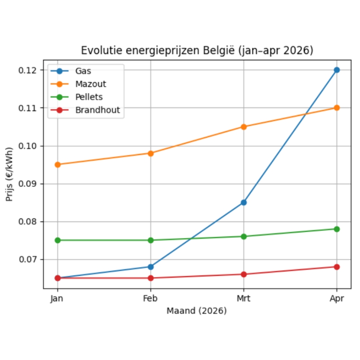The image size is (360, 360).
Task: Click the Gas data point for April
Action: [x=336, y=70]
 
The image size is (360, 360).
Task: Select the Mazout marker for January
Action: [x=58, y=165]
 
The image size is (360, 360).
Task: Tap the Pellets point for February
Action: [x=151, y=240]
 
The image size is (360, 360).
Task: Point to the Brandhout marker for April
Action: [x=336, y=267]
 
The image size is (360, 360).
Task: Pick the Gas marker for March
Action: [x=244, y=202]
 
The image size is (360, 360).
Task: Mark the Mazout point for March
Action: [x=244, y=127]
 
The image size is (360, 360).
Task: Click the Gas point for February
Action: [x=151, y=267]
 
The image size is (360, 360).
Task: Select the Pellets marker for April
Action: [x=336, y=229]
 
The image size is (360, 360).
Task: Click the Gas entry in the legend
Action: [x=83, y=71]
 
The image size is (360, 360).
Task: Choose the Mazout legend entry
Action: [x=90, y=84]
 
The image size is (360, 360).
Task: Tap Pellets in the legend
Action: [x=89, y=97]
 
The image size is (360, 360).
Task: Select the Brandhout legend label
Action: [x=98, y=110]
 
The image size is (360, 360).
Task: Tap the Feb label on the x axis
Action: [x=151, y=299]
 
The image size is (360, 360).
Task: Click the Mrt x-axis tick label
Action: [x=244, y=299]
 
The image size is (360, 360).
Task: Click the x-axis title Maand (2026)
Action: [x=197, y=311]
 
